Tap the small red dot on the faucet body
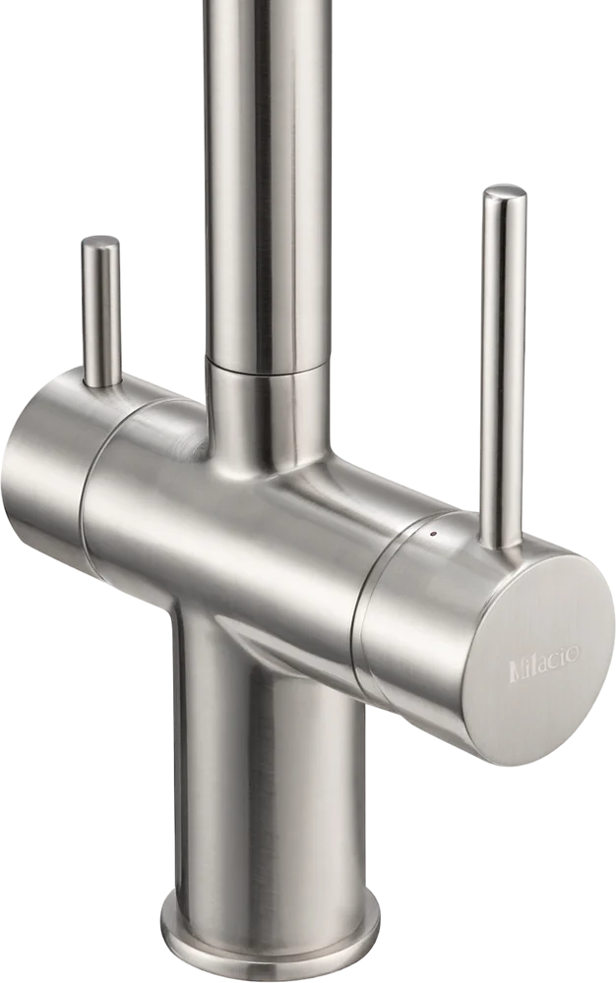coord(432,535)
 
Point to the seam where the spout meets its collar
coord(268,367)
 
